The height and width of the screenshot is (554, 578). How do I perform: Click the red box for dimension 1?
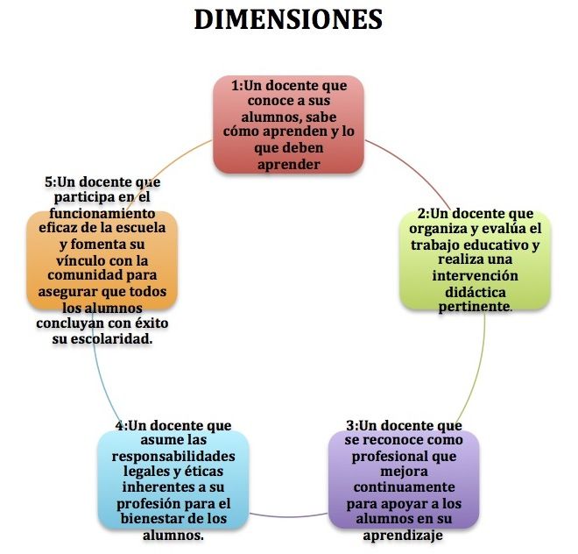(288, 124)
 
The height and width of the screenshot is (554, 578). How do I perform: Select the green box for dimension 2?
(476, 259)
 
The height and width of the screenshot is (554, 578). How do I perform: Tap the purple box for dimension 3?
(404, 479)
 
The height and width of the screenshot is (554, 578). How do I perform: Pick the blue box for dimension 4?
(173, 479)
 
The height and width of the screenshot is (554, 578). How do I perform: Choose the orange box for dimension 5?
(102, 259)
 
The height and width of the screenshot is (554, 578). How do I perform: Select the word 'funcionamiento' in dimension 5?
(102, 212)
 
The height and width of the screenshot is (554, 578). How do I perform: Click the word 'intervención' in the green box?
(476, 275)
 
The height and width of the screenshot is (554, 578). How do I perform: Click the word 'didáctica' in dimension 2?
(476, 291)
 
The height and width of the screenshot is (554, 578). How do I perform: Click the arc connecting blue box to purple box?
(289, 514)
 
